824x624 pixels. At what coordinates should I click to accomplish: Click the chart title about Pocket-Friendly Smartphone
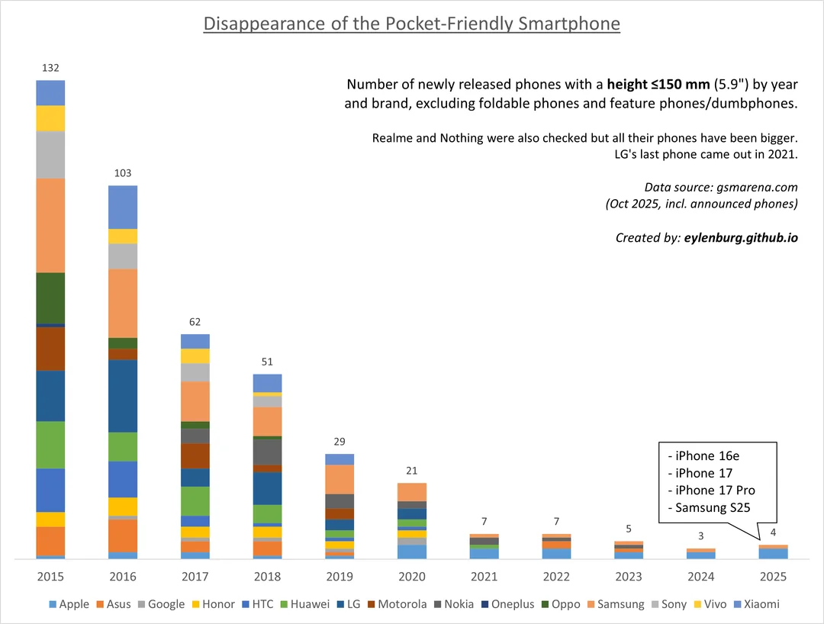click(412, 24)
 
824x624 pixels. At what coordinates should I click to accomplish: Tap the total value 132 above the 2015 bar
click(50, 69)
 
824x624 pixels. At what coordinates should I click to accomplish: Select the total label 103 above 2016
click(123, 174)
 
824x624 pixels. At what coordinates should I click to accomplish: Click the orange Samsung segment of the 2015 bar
click(50, 225)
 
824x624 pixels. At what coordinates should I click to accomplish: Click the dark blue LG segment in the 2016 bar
click(123, 396)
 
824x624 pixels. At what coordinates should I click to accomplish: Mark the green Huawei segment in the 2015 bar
click(50, 445)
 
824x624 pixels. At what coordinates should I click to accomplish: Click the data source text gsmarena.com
click(755, 187)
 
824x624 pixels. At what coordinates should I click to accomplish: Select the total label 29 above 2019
click(340, 442)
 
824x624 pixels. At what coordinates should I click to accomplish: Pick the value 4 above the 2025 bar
click(774, 532)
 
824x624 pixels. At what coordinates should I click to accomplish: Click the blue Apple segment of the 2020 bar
click(412, 552)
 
